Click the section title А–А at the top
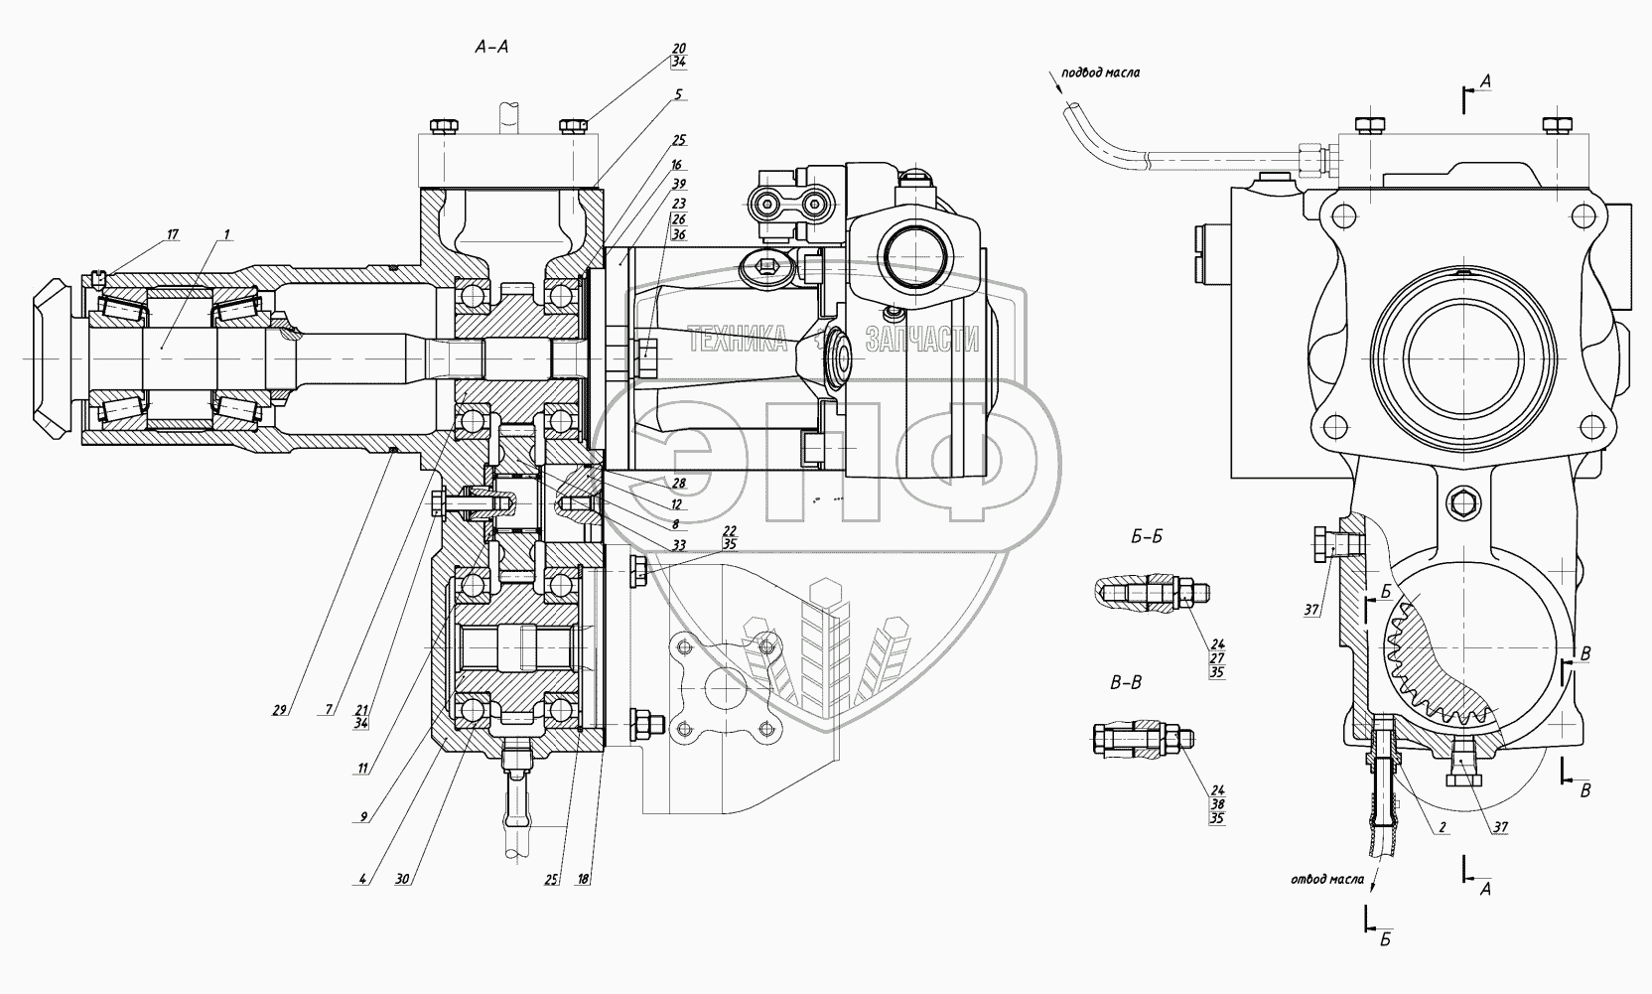(x=491, y=48)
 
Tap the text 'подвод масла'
(x=1100, y=72)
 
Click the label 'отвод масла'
(x=1327, y=879)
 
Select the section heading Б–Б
(x=1147, y=537)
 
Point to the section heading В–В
(x=1126, y=683)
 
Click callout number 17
(x=173, y=234)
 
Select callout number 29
(x=279, y=710)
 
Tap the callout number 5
(x=678, y=94)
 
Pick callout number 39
(x=678, y=184)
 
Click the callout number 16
(x=676, y=165)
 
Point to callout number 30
(x=402, y=879)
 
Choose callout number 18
(x=584, y=879)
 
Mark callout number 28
(x=678, y=484)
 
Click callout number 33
(x=678, y=546)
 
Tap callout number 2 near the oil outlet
(x=1442, y=827)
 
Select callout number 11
(x=362, y=769)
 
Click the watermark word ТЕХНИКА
(x=739, y=341)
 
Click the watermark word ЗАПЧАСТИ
(x=922, y=341)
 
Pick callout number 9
(x=363, y=817)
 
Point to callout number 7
(x=329, y=710)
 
